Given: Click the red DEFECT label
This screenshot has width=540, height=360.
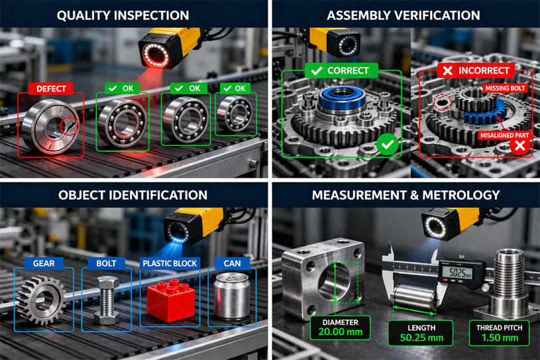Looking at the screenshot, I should click(x=50, y=88).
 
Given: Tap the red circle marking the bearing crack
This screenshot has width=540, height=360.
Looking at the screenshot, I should click(x=68, y=125).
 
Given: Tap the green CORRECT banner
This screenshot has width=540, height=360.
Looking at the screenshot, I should click(x=341, y=70).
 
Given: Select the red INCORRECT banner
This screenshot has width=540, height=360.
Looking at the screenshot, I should click(x=474, y=70).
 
